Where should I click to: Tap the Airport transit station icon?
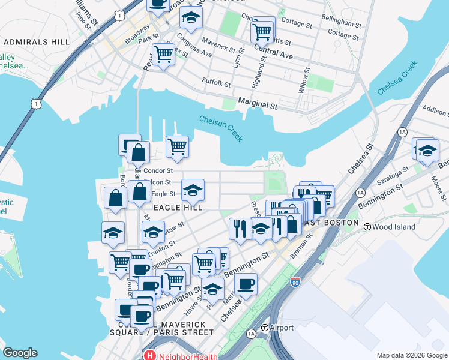[265, 328]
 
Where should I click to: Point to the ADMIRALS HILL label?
[35, 43]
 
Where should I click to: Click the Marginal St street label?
[258, 105]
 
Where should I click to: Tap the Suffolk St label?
[216, 82]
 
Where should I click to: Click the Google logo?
[20, 353]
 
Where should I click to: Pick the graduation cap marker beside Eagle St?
[193, 190]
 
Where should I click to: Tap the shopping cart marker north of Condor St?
[177, 146]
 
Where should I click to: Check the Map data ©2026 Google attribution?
[411, 355]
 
